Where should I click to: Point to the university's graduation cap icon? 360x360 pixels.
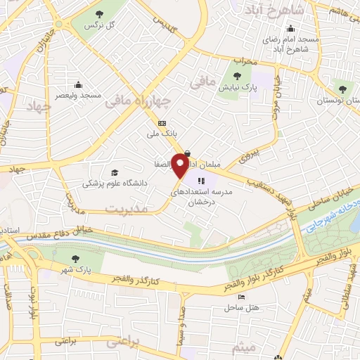(x=115, y=172)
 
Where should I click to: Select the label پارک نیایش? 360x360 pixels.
(x=231, y=88)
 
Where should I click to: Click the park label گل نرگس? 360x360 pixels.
(x=100, y=25)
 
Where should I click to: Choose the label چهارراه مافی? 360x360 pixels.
(x=138, y=102)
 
